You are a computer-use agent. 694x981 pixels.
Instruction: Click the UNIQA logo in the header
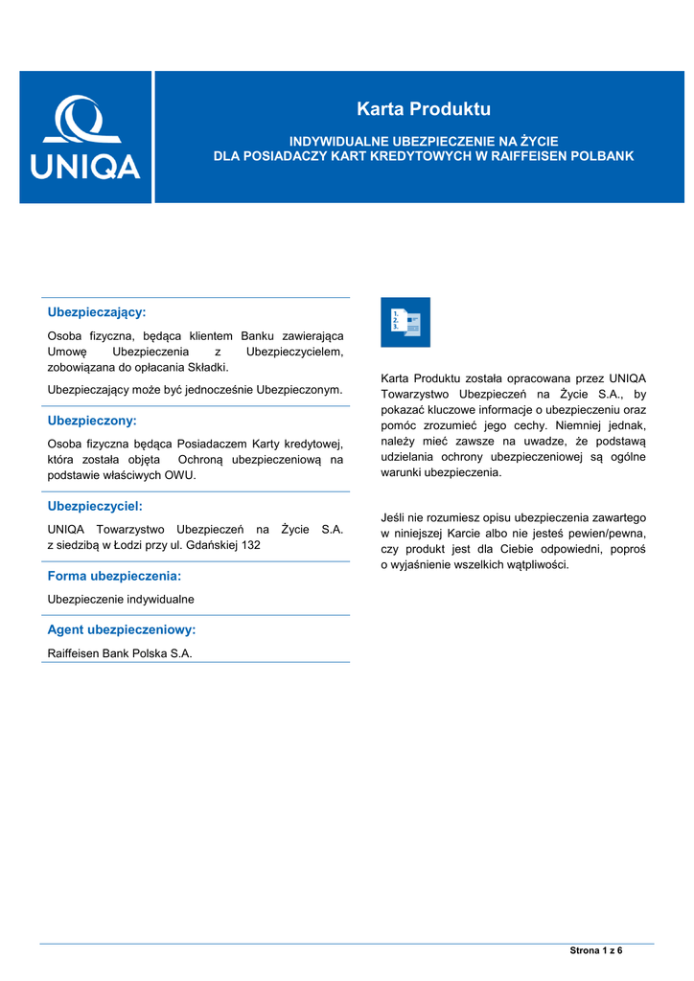(85, 137)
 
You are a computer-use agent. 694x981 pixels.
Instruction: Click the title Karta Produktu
(423, 108)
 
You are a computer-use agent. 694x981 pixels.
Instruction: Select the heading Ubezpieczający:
(97, 312)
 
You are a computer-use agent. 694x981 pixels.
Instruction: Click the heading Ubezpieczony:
(92, 420)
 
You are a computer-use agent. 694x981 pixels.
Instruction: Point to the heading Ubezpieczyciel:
(95, 505)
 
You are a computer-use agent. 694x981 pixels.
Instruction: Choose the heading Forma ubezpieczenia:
(114, 576)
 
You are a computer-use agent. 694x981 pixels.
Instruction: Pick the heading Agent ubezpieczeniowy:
(122, 629)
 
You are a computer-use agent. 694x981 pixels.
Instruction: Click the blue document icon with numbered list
(405, 322)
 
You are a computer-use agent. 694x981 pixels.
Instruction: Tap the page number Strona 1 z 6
(596, 950)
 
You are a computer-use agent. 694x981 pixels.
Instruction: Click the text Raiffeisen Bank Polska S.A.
(120, 653)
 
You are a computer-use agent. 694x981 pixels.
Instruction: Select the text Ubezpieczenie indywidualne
(121, 599)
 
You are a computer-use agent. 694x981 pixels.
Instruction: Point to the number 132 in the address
(251, 544)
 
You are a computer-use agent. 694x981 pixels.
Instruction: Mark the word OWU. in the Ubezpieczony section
(180, 475)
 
